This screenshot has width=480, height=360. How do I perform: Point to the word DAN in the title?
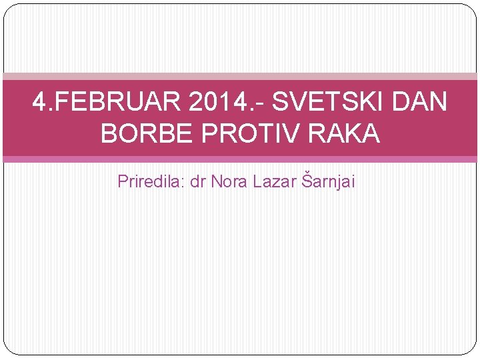(420, 103)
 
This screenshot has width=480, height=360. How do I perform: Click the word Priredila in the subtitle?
(149, 181)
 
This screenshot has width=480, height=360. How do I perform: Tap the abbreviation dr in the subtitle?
(198, 181)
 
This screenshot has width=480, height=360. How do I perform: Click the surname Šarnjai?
(329, 181)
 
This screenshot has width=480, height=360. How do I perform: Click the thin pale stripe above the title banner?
(240, 77)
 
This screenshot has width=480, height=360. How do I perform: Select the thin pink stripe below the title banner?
(240, 159)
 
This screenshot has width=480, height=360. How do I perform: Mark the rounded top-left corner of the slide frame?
(8, 8)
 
